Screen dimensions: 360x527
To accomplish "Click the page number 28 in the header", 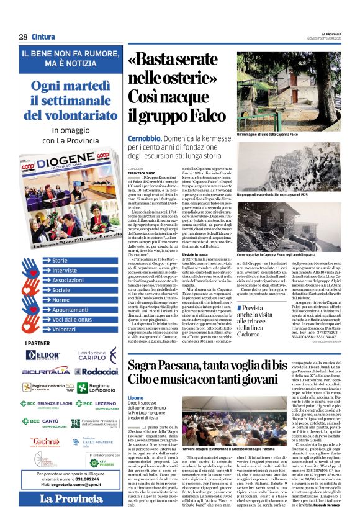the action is coord(23,37).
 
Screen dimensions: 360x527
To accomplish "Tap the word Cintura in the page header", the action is coord(45,37).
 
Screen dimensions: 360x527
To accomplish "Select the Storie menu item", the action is coord(61,260).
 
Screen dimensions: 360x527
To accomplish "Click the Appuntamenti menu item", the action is coord(70,309).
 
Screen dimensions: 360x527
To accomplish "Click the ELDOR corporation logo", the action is coord(42,355).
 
